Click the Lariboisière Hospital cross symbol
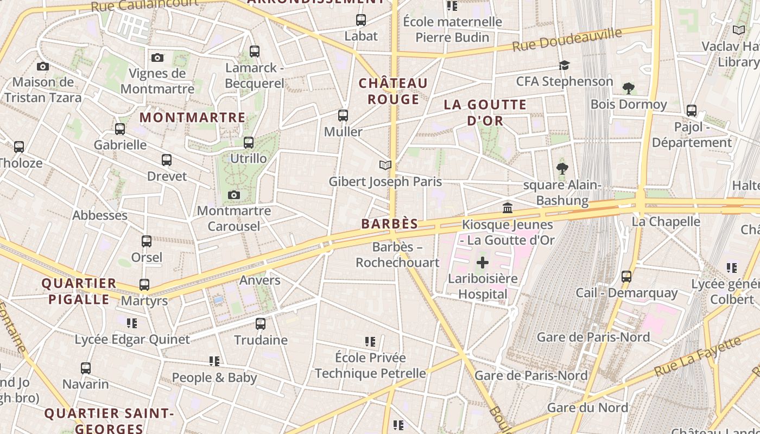(482, 263)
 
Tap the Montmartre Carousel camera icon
(234, 195)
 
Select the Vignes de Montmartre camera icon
(157, 58)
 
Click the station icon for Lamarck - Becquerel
(255, 52)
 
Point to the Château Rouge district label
(393, 91)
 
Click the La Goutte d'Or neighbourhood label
(485, 112)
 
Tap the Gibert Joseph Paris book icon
(385, 165)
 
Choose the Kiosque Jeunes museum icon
(508, 208)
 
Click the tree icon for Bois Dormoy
(629, 88)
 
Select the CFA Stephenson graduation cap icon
(565, 66)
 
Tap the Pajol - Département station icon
(692, 111)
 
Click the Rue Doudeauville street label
(567, 40)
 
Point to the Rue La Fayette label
(698, 358)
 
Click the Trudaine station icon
(261, 324)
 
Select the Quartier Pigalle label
(79, 291)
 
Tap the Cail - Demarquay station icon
(626, 277)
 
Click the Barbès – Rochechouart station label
(397, 255)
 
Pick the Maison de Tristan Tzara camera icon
(43, 67)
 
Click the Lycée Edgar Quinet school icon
(132, 323)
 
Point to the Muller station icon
(343, 116)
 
